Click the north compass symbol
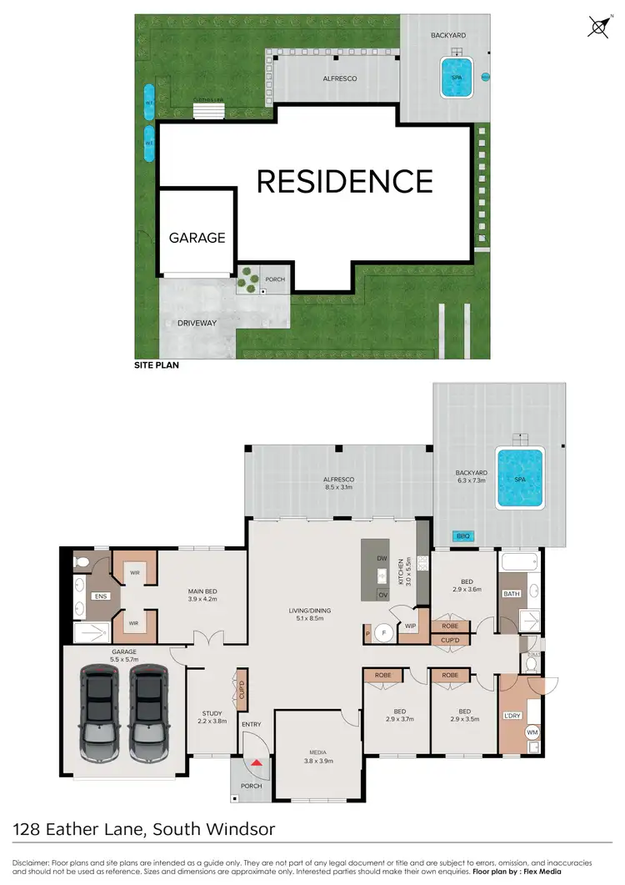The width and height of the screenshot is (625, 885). pyautogui.click(x=597, y=27)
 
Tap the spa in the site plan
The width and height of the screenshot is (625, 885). pyautogui.click(x=456, y=77)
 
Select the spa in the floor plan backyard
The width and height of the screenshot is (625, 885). pyautogui.click(x=519, y=478)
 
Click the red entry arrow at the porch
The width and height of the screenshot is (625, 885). pyautogui.click(x=257, y=762)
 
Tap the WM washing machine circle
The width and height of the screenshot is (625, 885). pyautogui.click(x=531, y=732)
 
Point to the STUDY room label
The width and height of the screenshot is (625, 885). pyautogui.click(x=212, y=713)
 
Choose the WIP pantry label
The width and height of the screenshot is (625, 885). pyautogui.click(x=410, y=625)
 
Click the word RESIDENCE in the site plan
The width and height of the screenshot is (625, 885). pyautogui.click(x=344, y=181)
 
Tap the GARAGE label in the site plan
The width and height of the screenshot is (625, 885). pyautogui.click(x=197, y=238)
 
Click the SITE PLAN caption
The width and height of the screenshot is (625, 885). pyautogui.click(x=157, y=365)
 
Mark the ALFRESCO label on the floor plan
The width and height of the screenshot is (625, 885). pyautogui.click(x=339, y=480)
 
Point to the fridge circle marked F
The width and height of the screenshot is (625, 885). pyautogui.click(x=385, y=633)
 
